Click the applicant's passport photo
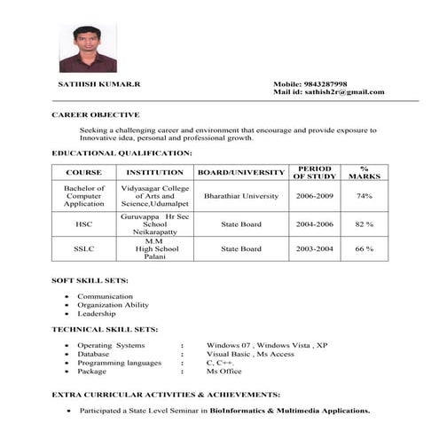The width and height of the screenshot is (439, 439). pos(88,48)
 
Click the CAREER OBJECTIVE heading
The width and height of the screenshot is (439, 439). pos(95,115)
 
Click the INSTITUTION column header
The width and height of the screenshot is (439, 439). pos(155,172)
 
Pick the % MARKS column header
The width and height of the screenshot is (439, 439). pos(364,172)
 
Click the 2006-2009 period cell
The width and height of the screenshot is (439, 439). pos(315,195)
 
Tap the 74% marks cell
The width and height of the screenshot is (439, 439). pos(364,195)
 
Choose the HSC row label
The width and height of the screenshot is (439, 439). pos(84,224)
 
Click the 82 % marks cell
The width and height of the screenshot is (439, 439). pos(364,224)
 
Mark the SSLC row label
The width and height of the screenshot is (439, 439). pos(84,249)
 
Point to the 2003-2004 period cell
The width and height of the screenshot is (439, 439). pos(315,249)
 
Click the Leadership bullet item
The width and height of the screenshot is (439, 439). pos(97,313)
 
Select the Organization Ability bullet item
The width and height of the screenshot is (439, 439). pos(113,304)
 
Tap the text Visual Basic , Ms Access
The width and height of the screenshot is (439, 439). pos(238,353)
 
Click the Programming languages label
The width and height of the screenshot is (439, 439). pos(119,362)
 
